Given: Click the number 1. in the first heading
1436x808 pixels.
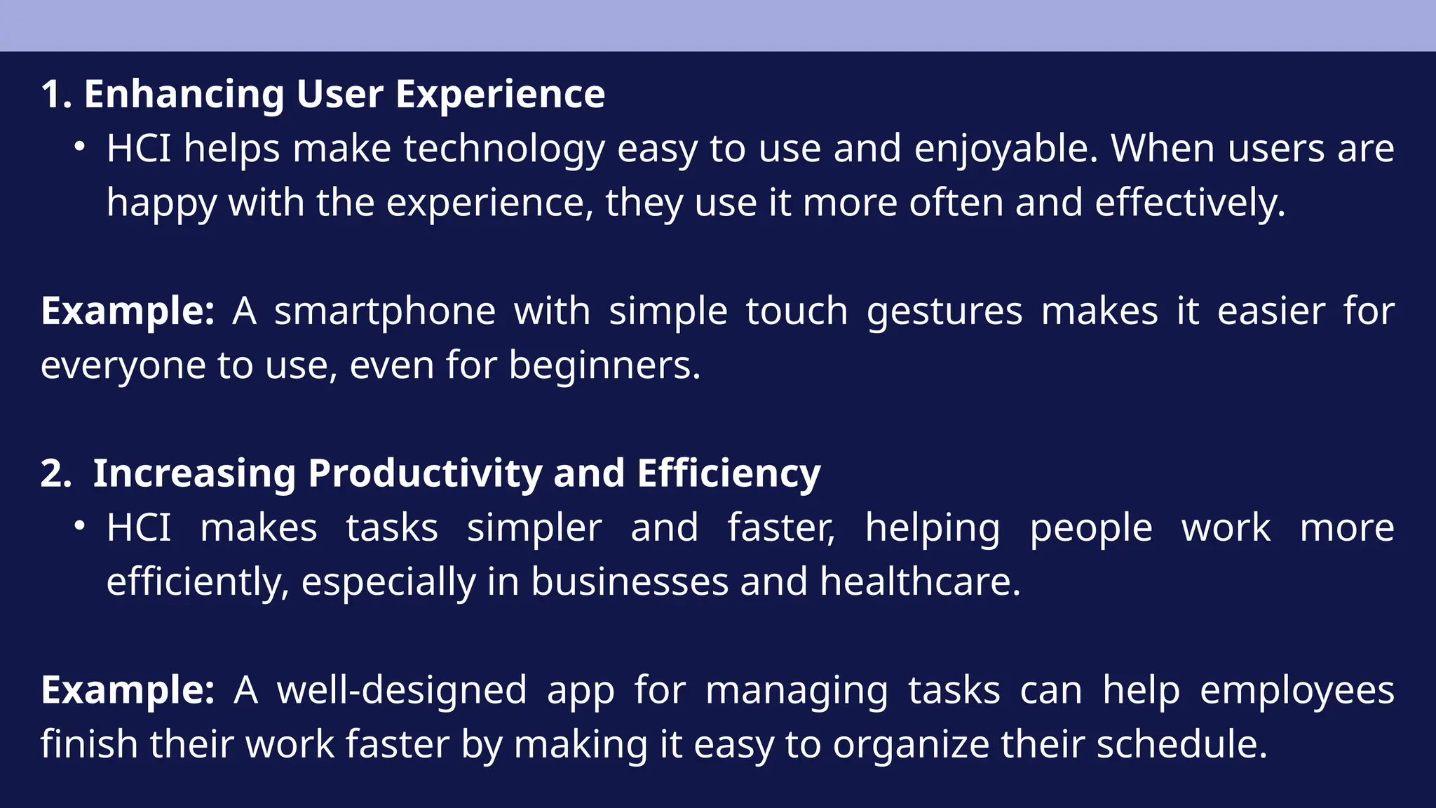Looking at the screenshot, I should coord(56,94).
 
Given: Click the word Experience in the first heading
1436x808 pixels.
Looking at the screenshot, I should coord(500,94).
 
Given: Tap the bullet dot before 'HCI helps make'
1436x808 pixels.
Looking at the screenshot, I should coord(80,147).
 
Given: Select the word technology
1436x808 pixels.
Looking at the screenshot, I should coord(504,149).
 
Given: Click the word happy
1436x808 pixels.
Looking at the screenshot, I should coord(161,203).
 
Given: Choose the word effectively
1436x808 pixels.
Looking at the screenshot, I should coord(1190,203).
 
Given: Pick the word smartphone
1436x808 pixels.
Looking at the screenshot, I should coord(384,311).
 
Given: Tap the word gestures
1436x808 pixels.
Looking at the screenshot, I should coord(944,311).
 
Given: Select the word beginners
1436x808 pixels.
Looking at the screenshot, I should coord(604,365).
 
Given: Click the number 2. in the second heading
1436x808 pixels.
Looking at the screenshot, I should coord(56,473).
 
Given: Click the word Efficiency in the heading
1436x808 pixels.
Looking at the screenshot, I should coord(729,473).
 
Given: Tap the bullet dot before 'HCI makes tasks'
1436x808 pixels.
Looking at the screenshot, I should coord(80,526).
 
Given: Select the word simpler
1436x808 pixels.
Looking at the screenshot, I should coord(534,528).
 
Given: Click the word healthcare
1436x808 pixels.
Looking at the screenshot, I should coord(919,582).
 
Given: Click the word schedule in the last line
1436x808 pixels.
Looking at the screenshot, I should coord(1181,744).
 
